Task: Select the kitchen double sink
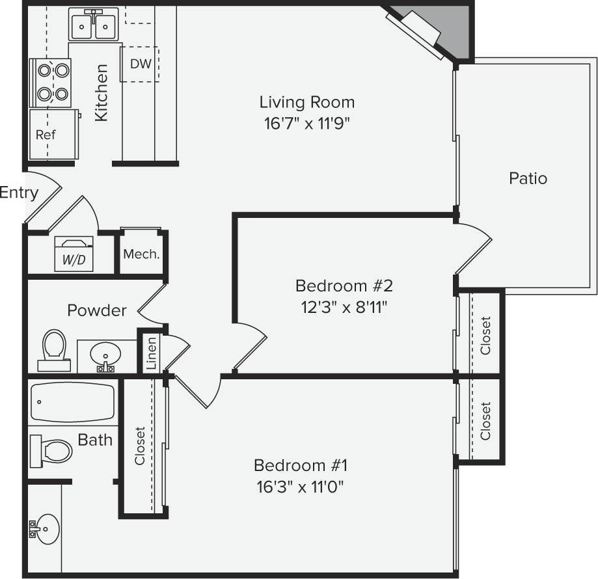tap(94, 26)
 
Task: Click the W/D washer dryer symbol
tap(73, 254)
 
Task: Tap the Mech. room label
tap(141, 254)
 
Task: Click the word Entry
tap(19, 193)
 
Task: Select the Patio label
tap(528, 178)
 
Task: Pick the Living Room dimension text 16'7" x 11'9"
tap(307, 124)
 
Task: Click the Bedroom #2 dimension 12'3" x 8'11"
tap(344, 307)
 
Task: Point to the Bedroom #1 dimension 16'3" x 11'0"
tap(301, 487)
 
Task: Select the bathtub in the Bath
tap(73, 403)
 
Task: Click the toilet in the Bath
tap(52, 450)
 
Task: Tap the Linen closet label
tap(151, 353)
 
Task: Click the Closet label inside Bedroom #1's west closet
tap(140, 446)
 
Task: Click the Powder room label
tap(97, 310)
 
